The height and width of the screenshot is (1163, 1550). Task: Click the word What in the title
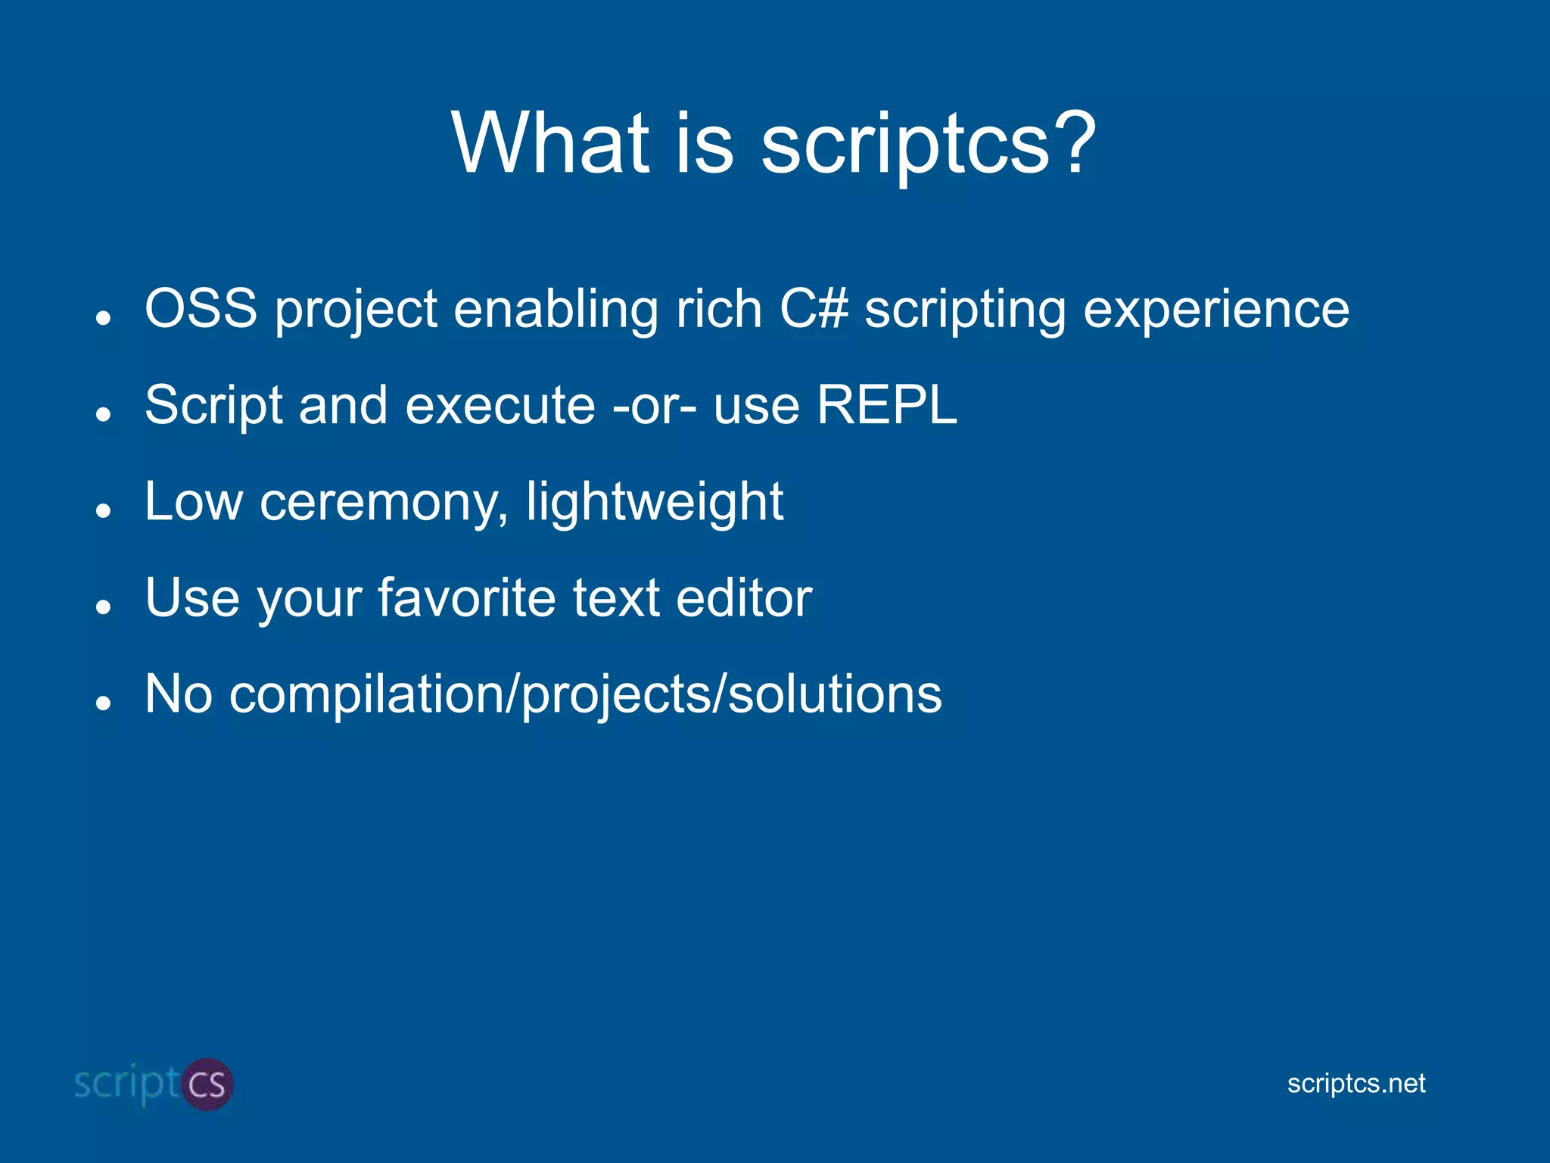(x=551, y=142)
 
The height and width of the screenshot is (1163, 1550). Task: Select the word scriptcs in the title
(x=904, y=145)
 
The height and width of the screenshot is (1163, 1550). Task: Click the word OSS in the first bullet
(x=201, y=309)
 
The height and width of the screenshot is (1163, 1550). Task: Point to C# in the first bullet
(x=814, y=309)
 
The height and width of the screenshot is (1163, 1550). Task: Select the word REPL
(x=886, y=405)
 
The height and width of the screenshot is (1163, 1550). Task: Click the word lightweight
(x=655, y=504)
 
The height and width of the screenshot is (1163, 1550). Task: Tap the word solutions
(x=835, y=694)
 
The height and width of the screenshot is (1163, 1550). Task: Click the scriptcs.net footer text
(x=1355, y=1083)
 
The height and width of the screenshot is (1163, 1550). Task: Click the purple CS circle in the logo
(x=207, y=1084)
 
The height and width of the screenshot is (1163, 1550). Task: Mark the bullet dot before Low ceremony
(x=104, y=511)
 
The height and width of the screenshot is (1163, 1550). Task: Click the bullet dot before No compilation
(x=104, y=703)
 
